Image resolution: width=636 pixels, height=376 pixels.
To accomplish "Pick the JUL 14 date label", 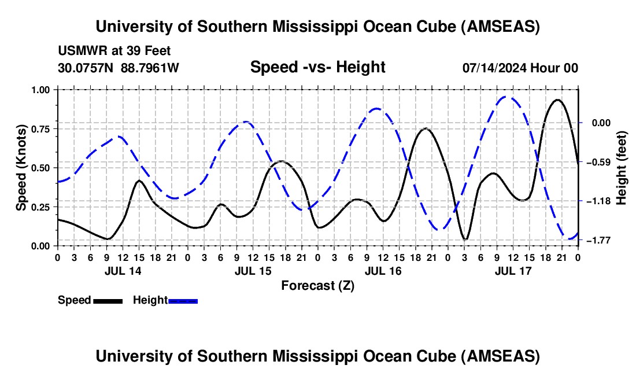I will point(122,271).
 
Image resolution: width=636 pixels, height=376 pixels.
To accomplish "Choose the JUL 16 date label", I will point(383,271).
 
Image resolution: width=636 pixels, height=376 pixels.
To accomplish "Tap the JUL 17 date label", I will point(513,271).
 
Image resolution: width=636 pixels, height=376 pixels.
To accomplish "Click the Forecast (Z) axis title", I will point(317,285).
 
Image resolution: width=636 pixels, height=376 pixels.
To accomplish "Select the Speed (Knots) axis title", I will point(21,168).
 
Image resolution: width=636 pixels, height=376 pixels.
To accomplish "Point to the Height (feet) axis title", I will point(622,168).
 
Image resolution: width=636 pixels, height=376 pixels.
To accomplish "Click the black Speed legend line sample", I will point(108,301).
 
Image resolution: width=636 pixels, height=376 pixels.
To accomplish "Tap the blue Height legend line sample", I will point(183,301).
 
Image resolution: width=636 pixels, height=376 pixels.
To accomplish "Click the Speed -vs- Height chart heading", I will point(317,67).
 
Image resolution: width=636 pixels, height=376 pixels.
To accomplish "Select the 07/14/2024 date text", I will point(494,68).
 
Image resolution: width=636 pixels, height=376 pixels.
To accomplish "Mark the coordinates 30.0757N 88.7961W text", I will point(119,68).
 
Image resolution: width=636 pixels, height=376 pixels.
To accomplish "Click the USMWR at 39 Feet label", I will point(114,51).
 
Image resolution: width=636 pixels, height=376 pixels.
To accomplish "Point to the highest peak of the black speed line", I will point(557,99).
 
